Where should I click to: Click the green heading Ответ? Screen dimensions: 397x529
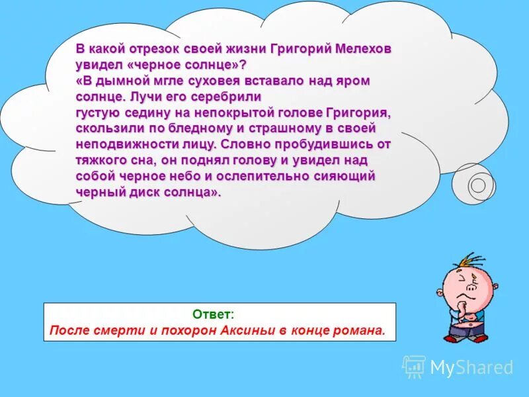213,314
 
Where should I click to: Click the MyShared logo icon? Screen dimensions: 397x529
414,367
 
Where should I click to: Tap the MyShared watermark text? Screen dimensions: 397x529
471,368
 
